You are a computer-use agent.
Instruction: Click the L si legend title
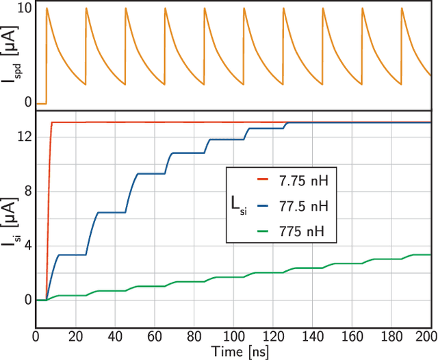click(x=239, y=206)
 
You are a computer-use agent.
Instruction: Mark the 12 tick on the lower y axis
click(x=25, y=137)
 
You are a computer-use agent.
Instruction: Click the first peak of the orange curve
click(x=47, y=8)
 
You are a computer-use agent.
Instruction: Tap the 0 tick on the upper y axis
click(x=28, y=103)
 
